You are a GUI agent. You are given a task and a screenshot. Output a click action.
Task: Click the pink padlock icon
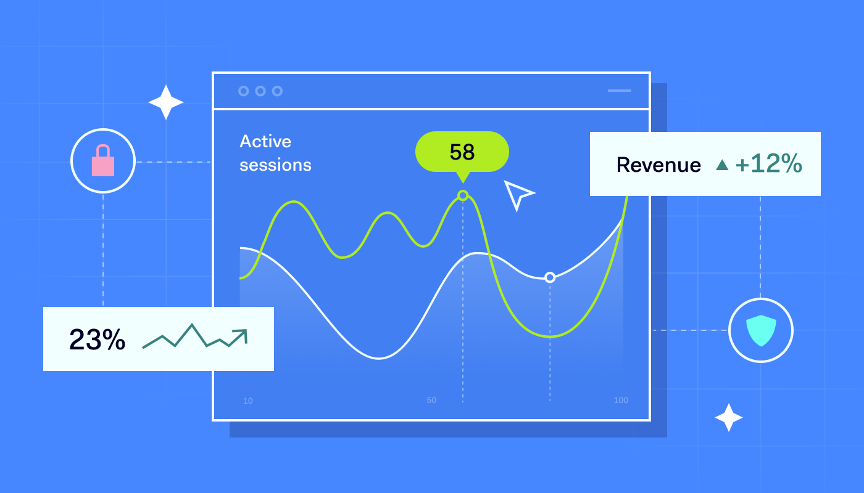tap(103, 161)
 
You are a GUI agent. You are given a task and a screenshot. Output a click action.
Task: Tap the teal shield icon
tap(760, 330)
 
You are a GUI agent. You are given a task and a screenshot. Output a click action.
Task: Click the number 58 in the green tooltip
tap(462, 152)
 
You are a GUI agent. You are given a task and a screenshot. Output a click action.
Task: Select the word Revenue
tap(658, 165)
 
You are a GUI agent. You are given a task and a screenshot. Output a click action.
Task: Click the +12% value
tap(768, 165)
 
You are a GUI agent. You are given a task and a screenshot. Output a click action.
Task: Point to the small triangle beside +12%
tap(722, 165)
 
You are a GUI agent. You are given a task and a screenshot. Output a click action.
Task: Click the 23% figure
tap(97, 340)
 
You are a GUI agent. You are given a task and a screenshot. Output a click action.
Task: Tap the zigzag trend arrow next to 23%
tap(195, 337)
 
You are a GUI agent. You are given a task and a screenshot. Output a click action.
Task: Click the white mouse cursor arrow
tap(517, 194)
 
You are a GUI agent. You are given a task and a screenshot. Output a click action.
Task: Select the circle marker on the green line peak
tap(463, 195)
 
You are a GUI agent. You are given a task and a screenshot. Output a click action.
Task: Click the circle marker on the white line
tap(550, 277)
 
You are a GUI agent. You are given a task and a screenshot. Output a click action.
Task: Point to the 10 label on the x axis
tap(247, 401)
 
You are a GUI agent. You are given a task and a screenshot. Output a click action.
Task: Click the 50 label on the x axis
tap(431, 401)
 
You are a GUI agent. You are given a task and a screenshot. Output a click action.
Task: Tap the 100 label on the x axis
tap(621, 401)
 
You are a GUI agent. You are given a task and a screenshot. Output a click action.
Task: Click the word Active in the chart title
tap(265, 142)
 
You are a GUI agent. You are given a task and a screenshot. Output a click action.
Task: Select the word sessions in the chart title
tap(275, 165)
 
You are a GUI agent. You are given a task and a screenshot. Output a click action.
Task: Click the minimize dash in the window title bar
tap(620, 91)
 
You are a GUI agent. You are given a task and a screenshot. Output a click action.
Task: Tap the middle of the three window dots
tap(260, 91)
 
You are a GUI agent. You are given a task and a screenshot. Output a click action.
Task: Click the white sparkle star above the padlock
tap(166, 102)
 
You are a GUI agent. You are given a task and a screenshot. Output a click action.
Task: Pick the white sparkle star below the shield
tap(729, 417)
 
